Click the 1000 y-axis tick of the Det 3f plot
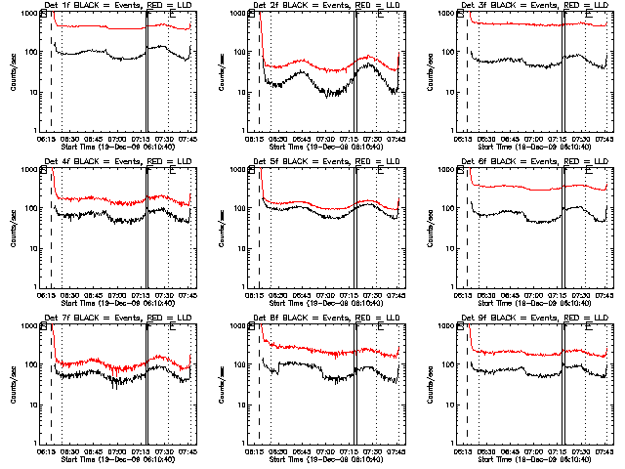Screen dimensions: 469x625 [x=450, y=13]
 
